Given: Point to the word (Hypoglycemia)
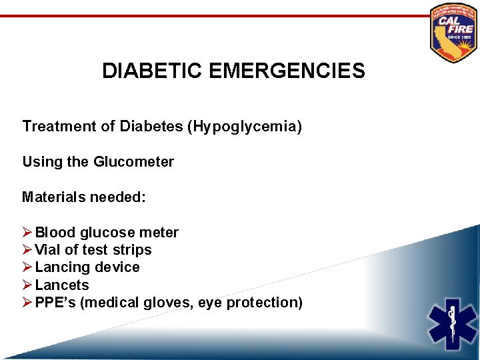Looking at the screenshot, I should [246, 126].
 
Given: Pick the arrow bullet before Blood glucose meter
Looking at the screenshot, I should [27, 233].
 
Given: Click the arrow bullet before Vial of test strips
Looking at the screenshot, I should [27, 250].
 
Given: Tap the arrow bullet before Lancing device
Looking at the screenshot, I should [27, 267].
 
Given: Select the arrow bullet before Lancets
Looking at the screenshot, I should [27, 285].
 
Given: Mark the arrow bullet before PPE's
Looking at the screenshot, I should [27, 303].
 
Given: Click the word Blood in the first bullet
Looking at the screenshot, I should [55, 233].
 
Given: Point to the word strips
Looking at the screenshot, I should [134, 250].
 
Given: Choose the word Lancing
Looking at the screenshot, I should [63, 267].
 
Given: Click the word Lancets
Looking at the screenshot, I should [62, 285].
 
